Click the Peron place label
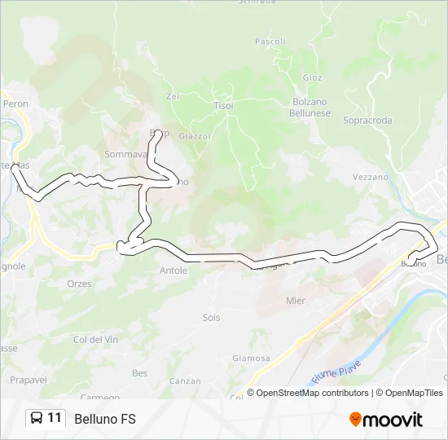click(15, 104)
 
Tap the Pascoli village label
click(270, 41)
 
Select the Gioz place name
click(313, 77)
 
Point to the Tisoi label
click(223, 106)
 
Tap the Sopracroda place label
click(367, 121)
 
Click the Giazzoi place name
click(195, 136)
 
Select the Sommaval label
click(125, 154)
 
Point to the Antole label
click(173, 271)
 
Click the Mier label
click(296, 301)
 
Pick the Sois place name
click(211, 318)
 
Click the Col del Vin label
click(96, 339)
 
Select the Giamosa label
click(251, 358)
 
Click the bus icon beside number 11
click(37, 419)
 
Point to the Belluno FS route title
click(105, 420)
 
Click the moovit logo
click(386, 420)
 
